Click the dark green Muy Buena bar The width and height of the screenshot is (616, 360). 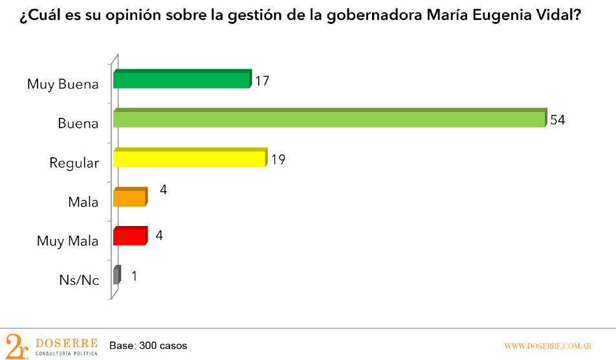(x=181, y=80)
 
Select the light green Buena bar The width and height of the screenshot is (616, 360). (x=329, y=119)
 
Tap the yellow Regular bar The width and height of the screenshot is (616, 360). (x=189, y=159)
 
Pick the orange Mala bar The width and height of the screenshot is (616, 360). (x=129, y=197)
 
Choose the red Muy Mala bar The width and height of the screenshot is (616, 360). (x=129, y=236)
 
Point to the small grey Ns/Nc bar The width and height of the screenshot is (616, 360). (x=116, y=276)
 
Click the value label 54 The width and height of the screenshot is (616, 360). (x=558, y=120)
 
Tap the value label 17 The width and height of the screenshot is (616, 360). (x=261, y=82)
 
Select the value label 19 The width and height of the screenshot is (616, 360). (x=278, y=159)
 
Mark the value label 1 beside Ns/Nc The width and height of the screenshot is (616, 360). (x=134, y=276)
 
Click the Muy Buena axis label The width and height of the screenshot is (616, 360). (x=63, y=85)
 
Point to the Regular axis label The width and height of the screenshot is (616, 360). (x=74, y=163)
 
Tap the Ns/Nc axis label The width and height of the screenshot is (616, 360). (x=78, y=280)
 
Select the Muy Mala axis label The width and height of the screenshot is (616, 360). (x=67, y=242)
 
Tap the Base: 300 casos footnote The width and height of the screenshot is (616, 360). (x=148, y=345)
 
